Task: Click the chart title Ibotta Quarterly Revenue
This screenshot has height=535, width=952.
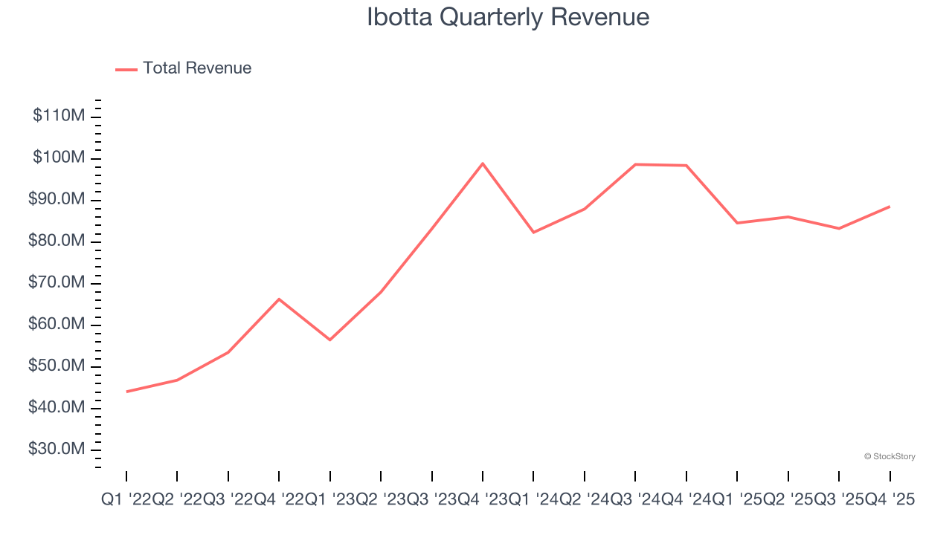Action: (x=508, y=17)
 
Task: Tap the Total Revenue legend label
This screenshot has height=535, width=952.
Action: (x=197, y=68)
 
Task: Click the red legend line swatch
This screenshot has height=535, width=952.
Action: (x=126, y=69)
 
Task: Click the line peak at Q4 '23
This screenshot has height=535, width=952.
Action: (x=483, y=163)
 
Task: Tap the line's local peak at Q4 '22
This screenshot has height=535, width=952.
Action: (x=279, y=299)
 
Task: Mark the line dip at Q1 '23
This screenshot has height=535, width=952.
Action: (x=329, y=340)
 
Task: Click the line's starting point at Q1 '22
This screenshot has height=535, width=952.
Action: (x=126, y=392)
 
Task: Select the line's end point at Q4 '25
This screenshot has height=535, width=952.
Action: (x=890, y=207)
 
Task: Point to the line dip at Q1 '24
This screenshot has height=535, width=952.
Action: (x=533, y=233)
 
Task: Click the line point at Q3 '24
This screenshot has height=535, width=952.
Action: (x=635, y=164)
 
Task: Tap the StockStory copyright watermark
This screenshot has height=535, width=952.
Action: (x=890, y=456)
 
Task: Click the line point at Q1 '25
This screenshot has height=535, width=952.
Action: (x=737, y=223)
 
